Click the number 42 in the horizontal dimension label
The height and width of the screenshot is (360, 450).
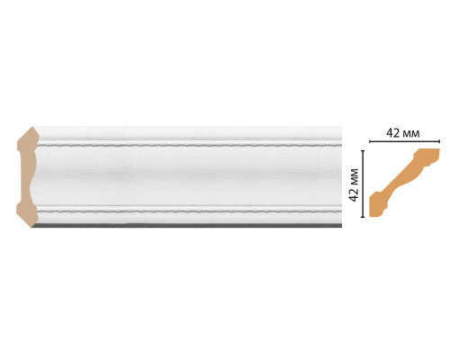pos(392,133)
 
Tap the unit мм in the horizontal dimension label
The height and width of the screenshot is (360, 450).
pos(410,134)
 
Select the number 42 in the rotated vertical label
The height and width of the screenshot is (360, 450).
pos(354,195)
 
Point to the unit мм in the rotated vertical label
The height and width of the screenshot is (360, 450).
pos(355,177)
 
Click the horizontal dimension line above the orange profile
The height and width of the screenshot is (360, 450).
pos(404,141)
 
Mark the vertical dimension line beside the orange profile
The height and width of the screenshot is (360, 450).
pos(363,184)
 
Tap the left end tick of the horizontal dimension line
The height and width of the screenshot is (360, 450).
pos(369,141)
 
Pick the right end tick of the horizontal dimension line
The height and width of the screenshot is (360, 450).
pos(439,141)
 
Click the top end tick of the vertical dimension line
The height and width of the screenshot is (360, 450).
pos(363,151)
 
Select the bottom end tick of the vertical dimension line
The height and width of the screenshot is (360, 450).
pos(363,216)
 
